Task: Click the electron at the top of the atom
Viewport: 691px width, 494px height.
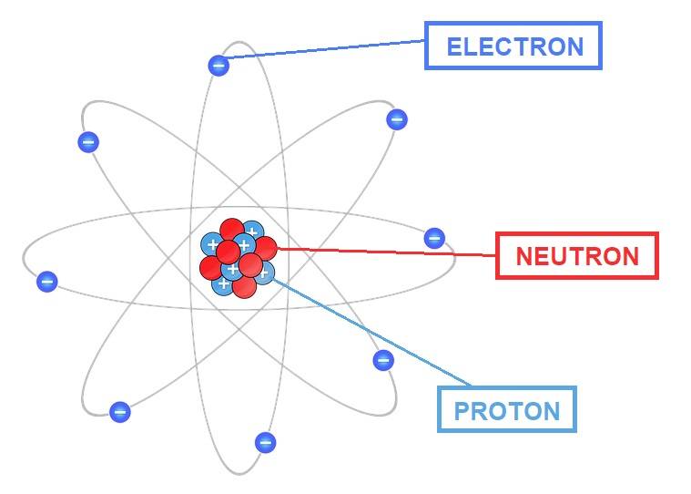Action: coord(218,65)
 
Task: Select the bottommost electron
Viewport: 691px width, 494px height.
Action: coord(266,443)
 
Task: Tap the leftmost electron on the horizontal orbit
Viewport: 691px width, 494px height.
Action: coord(47,282)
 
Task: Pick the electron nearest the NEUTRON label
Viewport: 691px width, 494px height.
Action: coord(434,239)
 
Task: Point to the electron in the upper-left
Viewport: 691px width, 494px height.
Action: coord(88,141)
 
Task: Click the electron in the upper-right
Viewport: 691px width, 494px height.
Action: coord(396,119)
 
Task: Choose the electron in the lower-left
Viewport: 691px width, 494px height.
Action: coord(119,412)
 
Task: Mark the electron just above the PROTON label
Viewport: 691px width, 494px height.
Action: coord(383,360)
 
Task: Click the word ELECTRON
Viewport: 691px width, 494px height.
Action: coord(514,46)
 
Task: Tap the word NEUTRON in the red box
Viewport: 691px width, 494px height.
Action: coord(577,256)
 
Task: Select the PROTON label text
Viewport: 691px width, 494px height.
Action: coord(506,410)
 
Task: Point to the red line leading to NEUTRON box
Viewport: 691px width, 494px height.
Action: coord(382,252)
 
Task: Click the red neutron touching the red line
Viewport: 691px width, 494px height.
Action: coord(265,247)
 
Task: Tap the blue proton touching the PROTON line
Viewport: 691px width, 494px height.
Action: coord(264,273)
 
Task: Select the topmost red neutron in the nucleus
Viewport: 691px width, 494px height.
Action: coord(231,230)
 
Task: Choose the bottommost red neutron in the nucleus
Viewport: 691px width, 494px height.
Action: coord(244,287)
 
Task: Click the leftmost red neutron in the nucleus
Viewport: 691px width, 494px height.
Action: coord(211,268)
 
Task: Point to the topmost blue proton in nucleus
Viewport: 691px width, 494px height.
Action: coord(252,232)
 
